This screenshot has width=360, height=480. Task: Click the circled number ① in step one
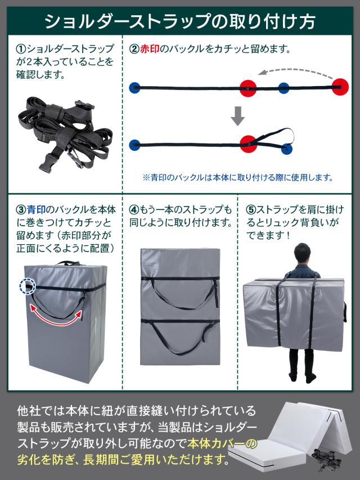coord(20,49)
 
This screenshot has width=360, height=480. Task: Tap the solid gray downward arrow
coord(238,116)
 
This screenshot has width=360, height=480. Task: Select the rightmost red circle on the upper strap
coord(340,86)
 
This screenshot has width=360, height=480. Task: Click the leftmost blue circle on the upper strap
coord(134,87)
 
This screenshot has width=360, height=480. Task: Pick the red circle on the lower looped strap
coord(247,142)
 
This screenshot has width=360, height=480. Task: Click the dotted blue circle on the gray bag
coord(25,286)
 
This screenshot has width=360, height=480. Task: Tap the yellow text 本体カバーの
coord(219,443)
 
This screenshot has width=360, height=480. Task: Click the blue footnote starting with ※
coord(238,177)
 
